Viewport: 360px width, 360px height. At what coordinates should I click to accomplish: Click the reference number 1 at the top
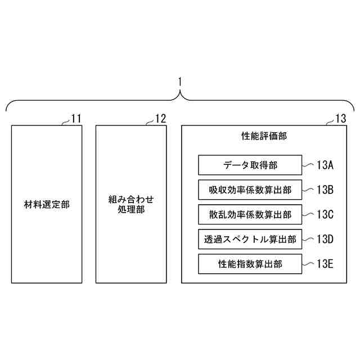(x=179, y=81)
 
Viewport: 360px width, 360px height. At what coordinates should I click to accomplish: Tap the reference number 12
(x=160, y=119)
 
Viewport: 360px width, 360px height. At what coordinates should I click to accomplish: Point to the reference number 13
(x=341, y=119)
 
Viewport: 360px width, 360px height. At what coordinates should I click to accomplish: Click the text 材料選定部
(x=47, y=204)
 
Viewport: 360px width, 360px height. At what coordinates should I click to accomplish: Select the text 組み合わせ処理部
(x=130, y=204)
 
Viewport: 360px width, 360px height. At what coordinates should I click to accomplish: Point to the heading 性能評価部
(x=263, y=136)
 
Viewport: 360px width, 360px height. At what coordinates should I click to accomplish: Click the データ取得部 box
(x=250, y=165)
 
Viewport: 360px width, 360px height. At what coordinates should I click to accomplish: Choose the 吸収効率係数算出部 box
(x=250, y=190)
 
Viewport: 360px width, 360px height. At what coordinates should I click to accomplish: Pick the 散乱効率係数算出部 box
(x=250, y=214)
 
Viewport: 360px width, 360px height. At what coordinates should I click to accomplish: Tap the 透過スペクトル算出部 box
(x=250, y=239)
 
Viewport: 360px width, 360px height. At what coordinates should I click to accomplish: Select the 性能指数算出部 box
(x=250, y=263)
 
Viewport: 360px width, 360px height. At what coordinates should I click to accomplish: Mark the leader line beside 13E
(x=308, y=263)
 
